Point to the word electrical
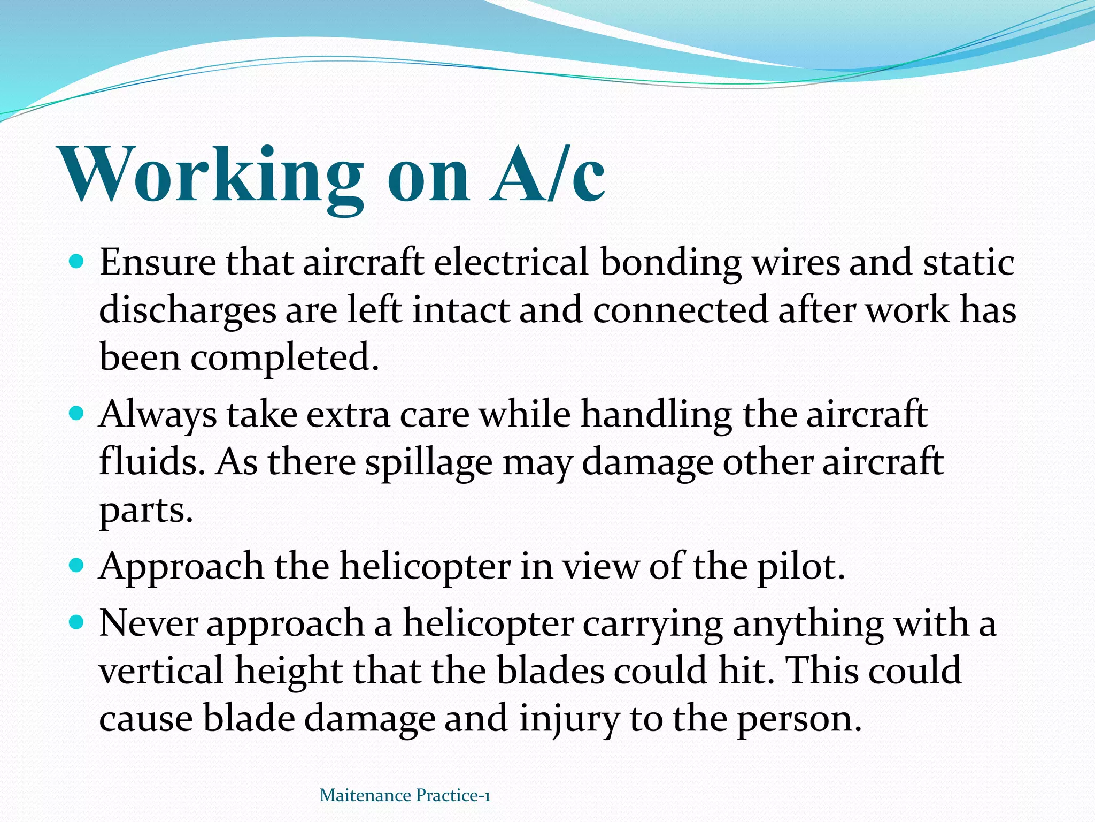click(511, 263)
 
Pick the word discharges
click(188, 311)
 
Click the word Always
click(158, 415)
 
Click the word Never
click(149, 623)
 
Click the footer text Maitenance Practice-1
click(405, 795)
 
